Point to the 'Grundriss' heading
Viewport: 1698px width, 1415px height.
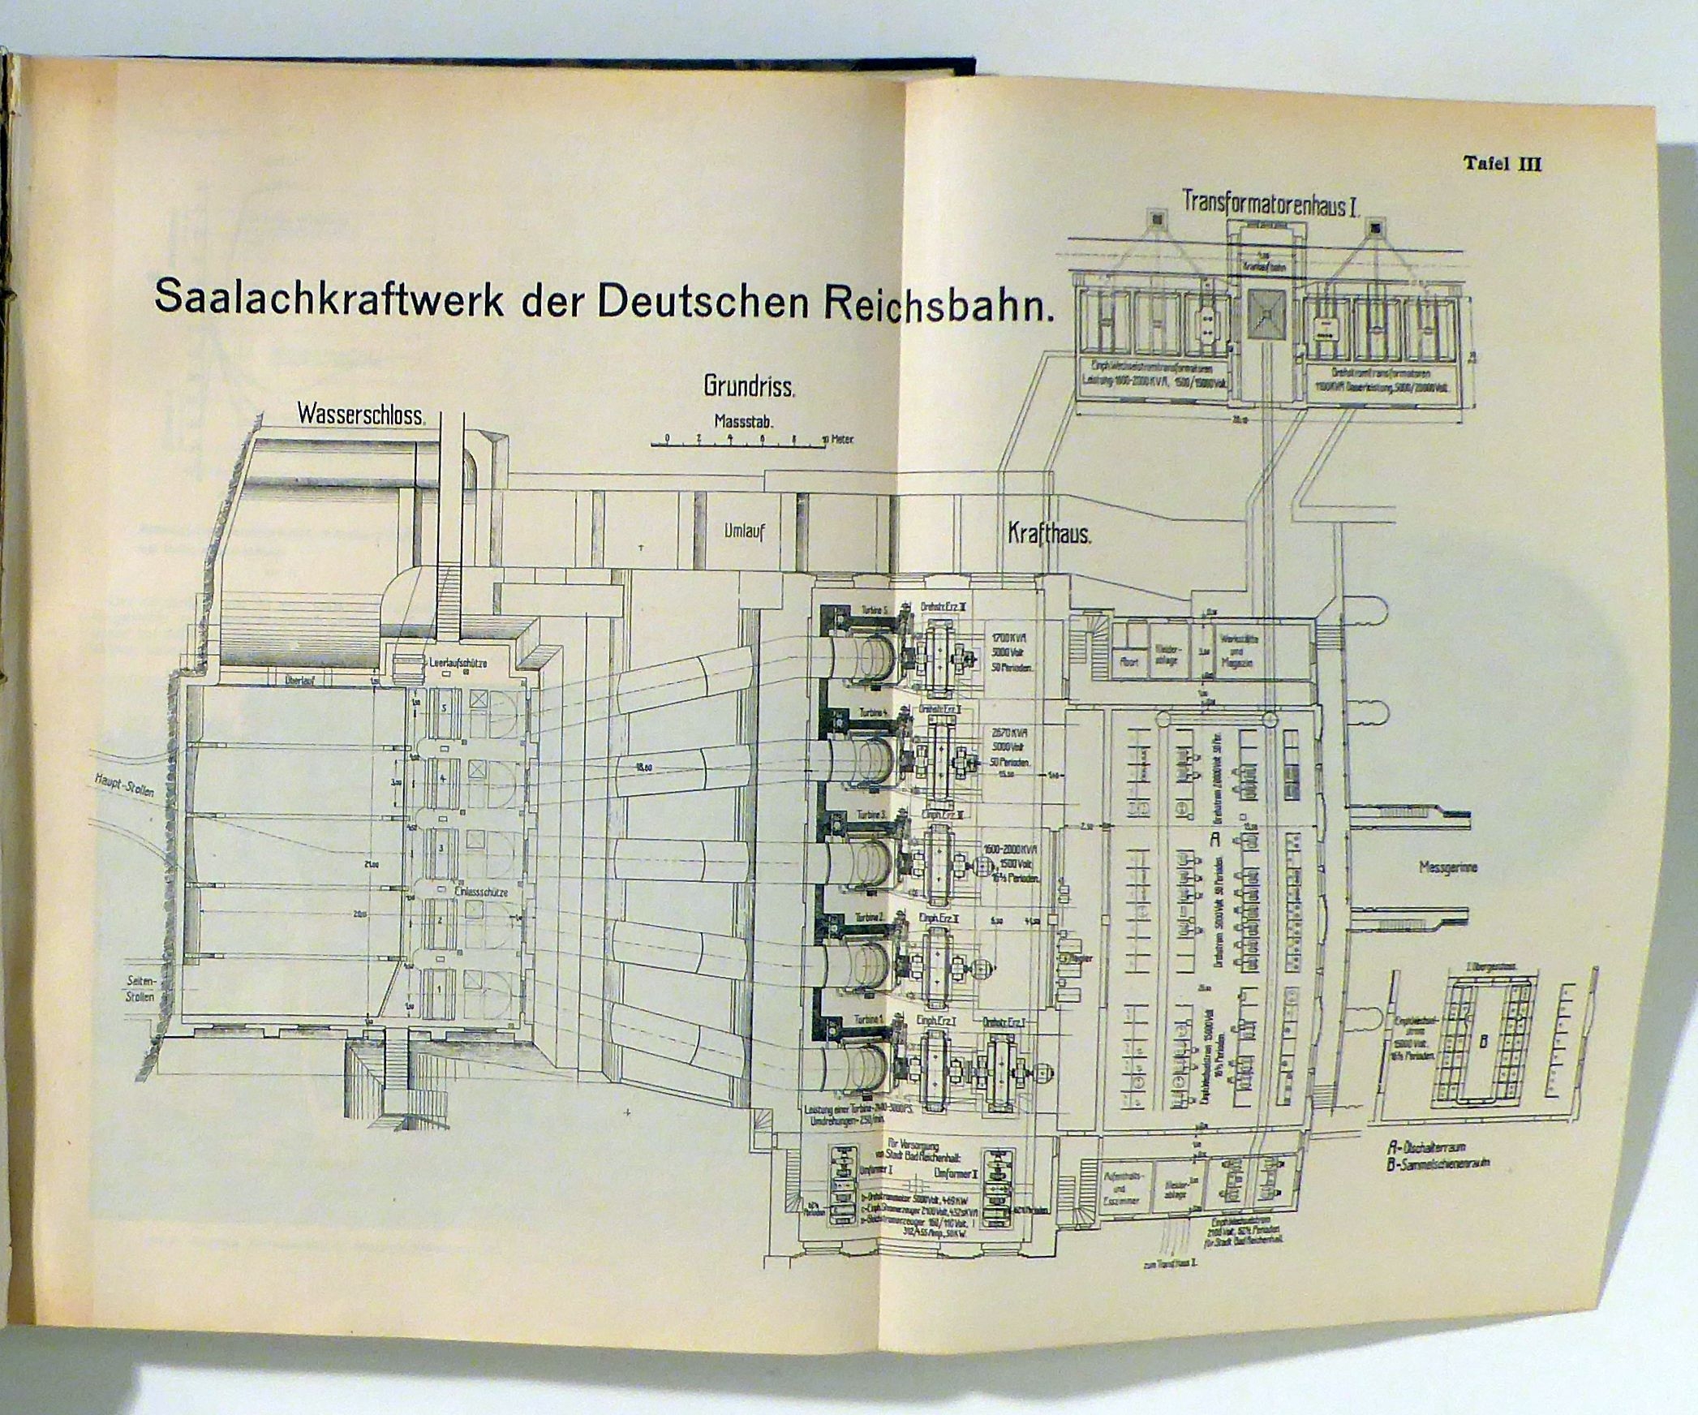[747, 386]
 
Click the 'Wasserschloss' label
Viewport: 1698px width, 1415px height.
[360, 415]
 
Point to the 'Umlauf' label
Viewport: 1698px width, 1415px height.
[746, 532]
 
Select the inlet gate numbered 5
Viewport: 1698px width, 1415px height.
[443, 707]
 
